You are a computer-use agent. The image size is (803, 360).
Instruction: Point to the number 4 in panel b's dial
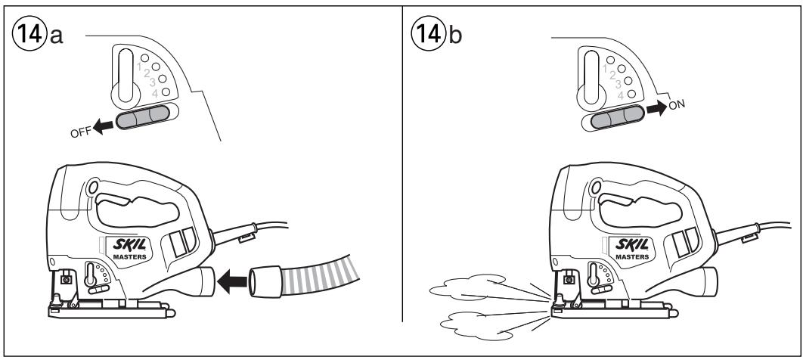click(620, 95)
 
